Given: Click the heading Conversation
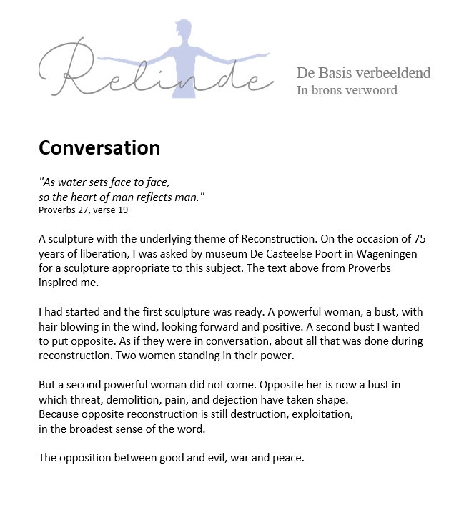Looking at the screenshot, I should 99,148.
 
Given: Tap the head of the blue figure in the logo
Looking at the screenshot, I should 185,31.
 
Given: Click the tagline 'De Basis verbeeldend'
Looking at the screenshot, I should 363,73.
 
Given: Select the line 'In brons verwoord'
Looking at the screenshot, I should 347,90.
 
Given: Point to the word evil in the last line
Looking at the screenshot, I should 213,457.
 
